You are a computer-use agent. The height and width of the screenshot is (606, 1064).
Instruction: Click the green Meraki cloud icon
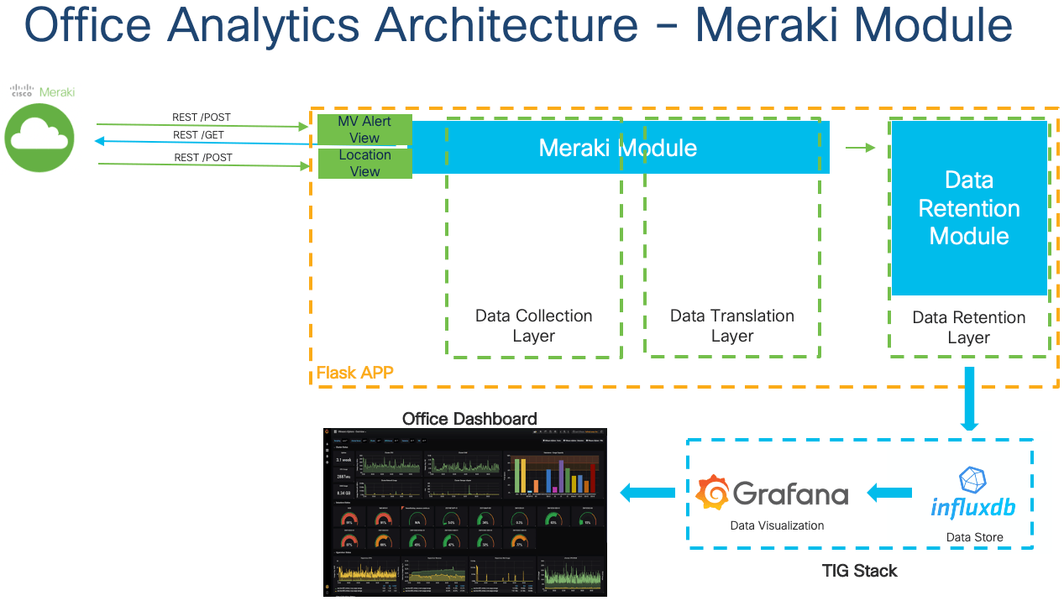(x=39, y=138)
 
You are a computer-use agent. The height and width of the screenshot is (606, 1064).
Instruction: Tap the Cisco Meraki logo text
(x=41, y=91)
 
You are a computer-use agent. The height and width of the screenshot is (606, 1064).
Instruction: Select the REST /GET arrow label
(x=198, y=135)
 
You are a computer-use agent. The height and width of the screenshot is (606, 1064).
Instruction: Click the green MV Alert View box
(x=364, y=129)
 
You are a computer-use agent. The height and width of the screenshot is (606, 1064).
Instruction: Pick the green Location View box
(x=364, y=163)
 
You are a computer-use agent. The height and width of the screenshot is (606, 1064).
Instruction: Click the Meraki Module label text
(x=617, y=148)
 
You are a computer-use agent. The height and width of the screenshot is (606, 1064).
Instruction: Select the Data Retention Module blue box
(x=968, y=207)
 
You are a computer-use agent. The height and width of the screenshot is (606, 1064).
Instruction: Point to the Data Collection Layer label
(x=533, y=326)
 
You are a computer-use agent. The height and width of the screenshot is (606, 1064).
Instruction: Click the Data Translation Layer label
(x=731, y=326)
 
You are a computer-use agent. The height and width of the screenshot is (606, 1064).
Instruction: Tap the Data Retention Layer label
(x=968, y=327)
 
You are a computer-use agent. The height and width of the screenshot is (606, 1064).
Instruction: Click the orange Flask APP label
(x=354, y=373)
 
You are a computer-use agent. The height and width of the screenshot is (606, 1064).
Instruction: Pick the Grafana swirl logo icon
(x=712, y=493)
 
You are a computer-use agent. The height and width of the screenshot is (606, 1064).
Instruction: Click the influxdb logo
(x=972, y=494)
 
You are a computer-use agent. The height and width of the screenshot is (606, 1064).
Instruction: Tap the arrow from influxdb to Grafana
(x=889, y=494)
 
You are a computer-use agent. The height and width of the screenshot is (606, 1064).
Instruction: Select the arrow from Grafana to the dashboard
(x=647, y=494)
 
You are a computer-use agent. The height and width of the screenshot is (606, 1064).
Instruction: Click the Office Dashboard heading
(x=469, y=419)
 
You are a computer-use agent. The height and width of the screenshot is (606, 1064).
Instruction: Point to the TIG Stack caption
(x=859, y=572)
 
